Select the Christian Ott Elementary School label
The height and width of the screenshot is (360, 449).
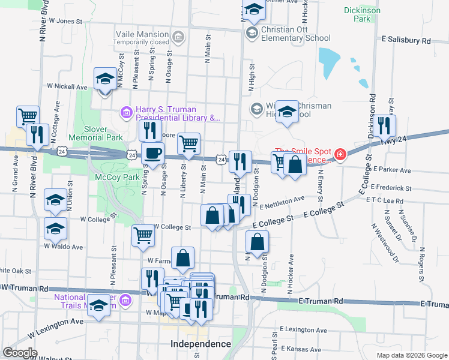[x=296, y=34]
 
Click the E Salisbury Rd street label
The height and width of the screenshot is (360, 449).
[x=406, y=41]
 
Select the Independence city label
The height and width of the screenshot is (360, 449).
[x=200, y=344]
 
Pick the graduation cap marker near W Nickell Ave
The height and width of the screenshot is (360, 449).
[x=105, y=79]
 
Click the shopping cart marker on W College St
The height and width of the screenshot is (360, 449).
[x=143, y=235]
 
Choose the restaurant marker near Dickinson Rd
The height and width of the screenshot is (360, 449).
[x=385, y=125]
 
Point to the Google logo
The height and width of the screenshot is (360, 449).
[x=20, y=353]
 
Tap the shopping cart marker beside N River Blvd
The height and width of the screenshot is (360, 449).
[x=28, y=116]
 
